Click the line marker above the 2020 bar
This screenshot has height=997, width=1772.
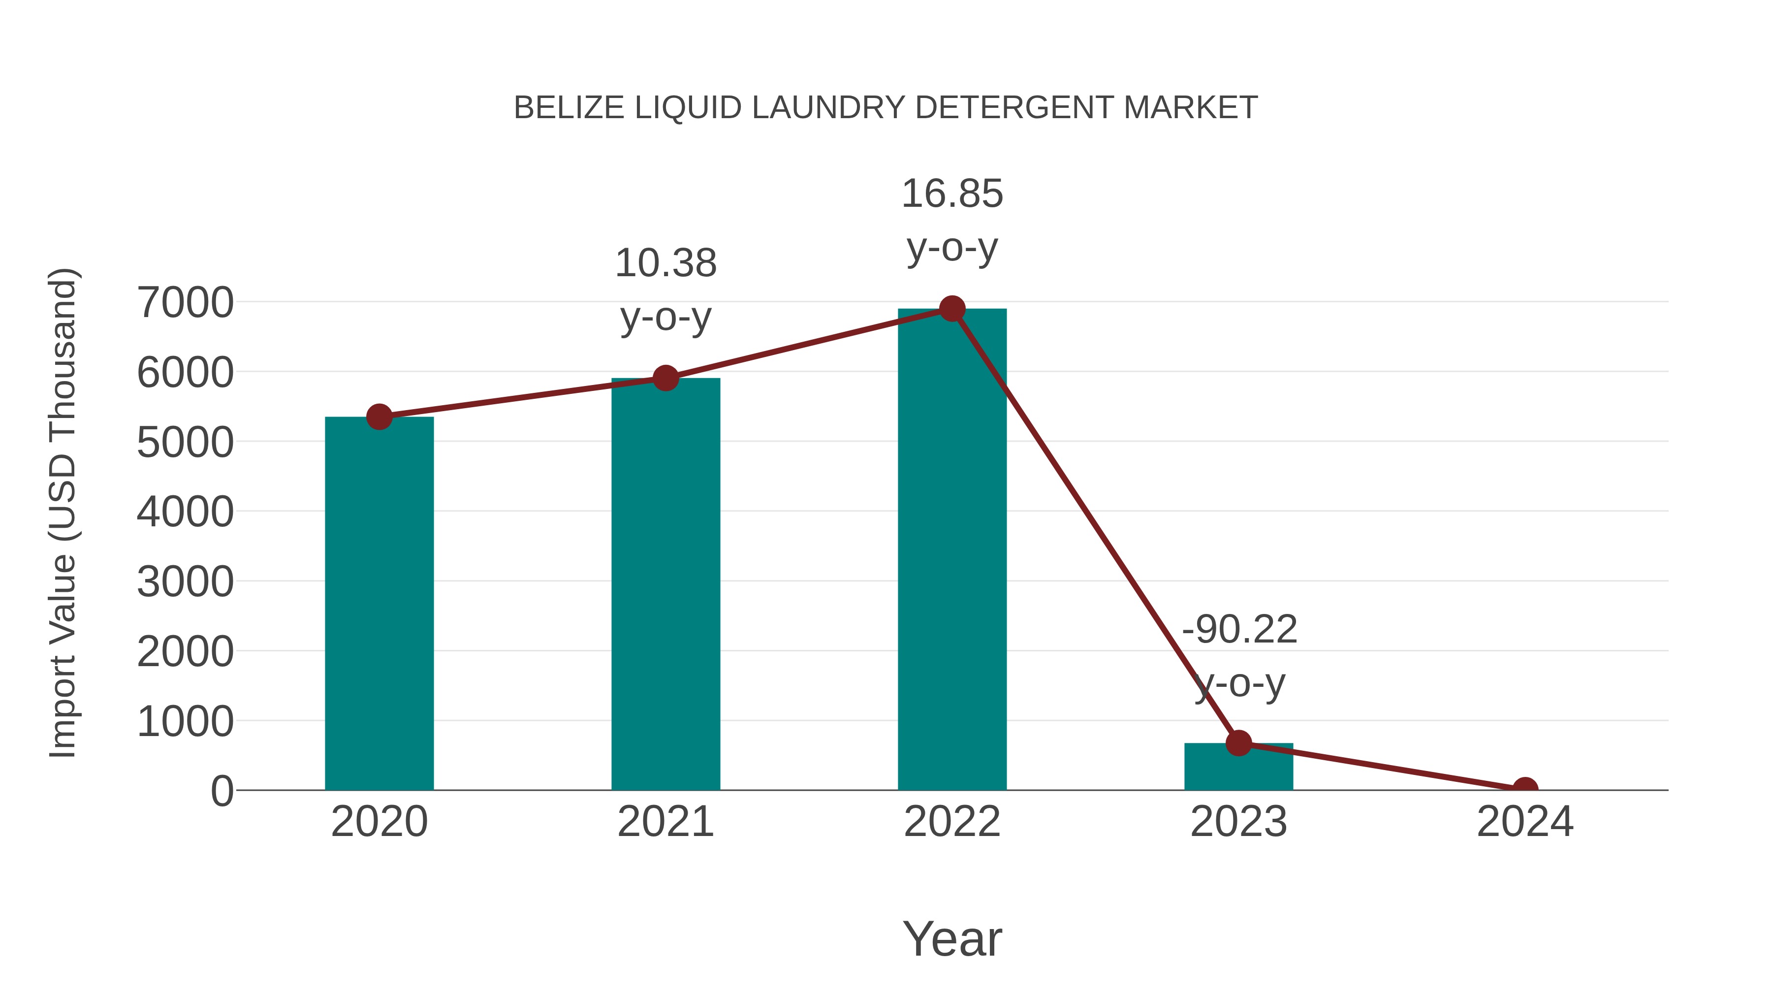tap(379, 417)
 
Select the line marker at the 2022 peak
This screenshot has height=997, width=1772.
tap(952, 309)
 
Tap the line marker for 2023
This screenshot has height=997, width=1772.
tap(1238, 743)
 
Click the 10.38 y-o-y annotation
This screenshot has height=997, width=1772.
tap(665, 263)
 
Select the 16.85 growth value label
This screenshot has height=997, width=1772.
tap(952, 194)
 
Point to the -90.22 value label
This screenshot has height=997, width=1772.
tap(1239, 630)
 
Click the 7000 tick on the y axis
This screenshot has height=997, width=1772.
tap(185, 302)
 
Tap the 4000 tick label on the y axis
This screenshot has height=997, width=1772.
tap(185, 512)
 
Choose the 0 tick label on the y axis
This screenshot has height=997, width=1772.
tap(221, 791)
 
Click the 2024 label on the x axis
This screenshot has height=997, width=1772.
tap(1525, 822)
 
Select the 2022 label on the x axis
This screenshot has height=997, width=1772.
tap(952, 822)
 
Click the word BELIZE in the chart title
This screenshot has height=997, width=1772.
tap(570, 108)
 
